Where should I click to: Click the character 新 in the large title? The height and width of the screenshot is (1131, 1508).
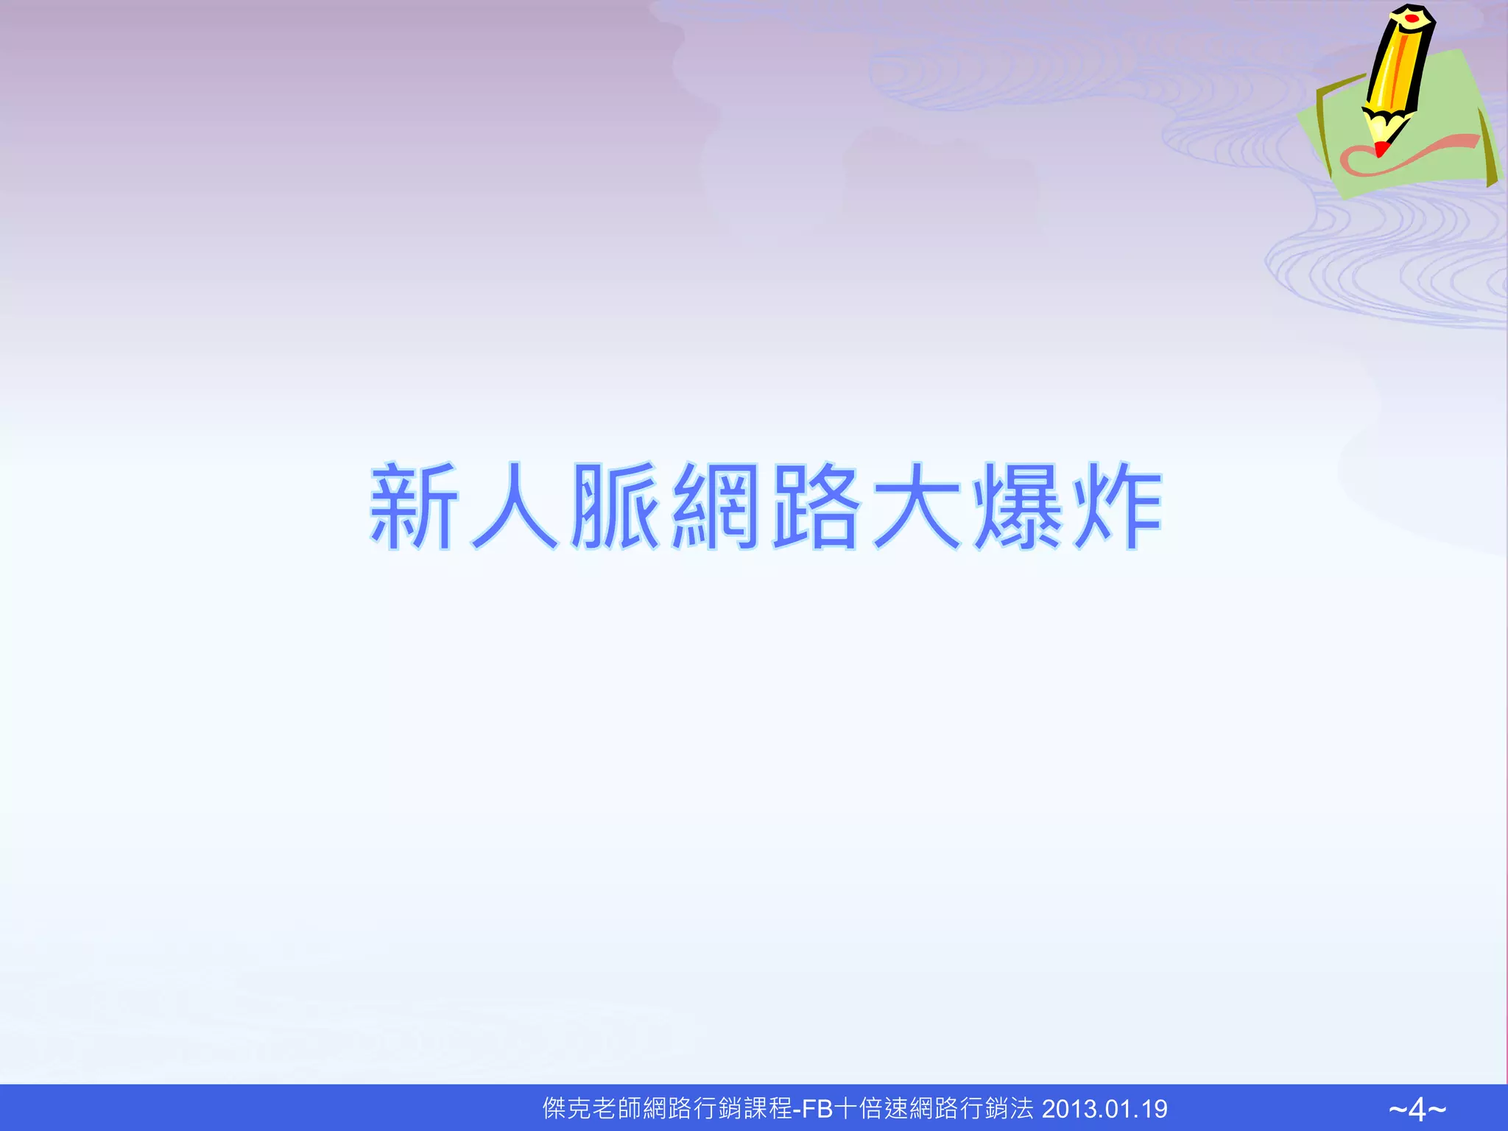tap(414, 506)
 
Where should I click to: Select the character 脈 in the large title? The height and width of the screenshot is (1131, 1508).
tap(616, 506)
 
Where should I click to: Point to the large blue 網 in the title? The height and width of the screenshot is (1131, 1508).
tap(716, 506)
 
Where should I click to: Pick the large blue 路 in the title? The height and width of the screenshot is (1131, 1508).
tap(816, 506)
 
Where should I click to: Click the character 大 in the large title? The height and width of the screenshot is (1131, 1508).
tap(917, 506)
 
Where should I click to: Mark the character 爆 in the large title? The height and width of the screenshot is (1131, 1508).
tap(1018, 506)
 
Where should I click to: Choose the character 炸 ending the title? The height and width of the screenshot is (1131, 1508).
tap(1118, 506)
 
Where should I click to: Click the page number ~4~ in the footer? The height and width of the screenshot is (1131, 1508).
tap(1417, 1109)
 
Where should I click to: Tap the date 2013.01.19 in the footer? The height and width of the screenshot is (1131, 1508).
tap(1104, 1109)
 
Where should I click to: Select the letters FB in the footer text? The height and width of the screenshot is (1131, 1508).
tap(817, 1109)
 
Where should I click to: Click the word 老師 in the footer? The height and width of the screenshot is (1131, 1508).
tap(617, 1109)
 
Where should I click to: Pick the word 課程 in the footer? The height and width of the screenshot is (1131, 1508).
tap(768, 1109)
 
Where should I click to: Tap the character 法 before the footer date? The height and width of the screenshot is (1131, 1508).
tap(1022, 1109)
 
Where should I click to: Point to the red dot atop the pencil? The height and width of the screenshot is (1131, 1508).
tap(1412, 17)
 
